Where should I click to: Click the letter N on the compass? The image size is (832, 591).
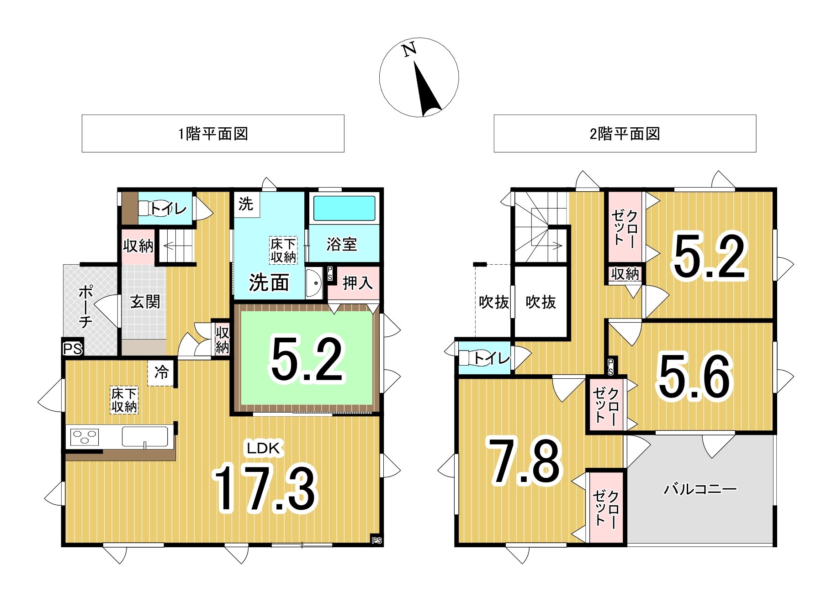(x=409, y=49)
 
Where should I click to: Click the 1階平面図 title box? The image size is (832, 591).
(x=213, y=133)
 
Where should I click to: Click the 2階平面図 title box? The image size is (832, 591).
(x=625, y=133)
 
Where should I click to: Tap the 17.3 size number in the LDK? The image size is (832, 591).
(x=265, y=488)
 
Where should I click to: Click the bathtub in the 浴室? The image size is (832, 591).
(x=344, y=208)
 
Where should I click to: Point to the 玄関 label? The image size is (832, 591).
(x=145, y=302)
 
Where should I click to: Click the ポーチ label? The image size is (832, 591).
(x=85, y=307)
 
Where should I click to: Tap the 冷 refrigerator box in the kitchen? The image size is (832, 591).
(x=161, y=372)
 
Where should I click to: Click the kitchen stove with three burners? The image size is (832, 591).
(x=85, y=437)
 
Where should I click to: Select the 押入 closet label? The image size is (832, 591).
(x=357, y=283)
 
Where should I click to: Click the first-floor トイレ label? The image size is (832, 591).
(x=169, y=209)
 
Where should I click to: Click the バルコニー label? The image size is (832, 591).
(x=700, y=489)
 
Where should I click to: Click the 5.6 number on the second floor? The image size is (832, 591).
(x=695, y=377)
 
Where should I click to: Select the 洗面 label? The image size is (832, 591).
(x=269, y=283)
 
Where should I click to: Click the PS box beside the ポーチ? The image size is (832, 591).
(x=73, y=349)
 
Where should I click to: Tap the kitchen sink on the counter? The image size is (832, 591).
(x=145, y=437)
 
